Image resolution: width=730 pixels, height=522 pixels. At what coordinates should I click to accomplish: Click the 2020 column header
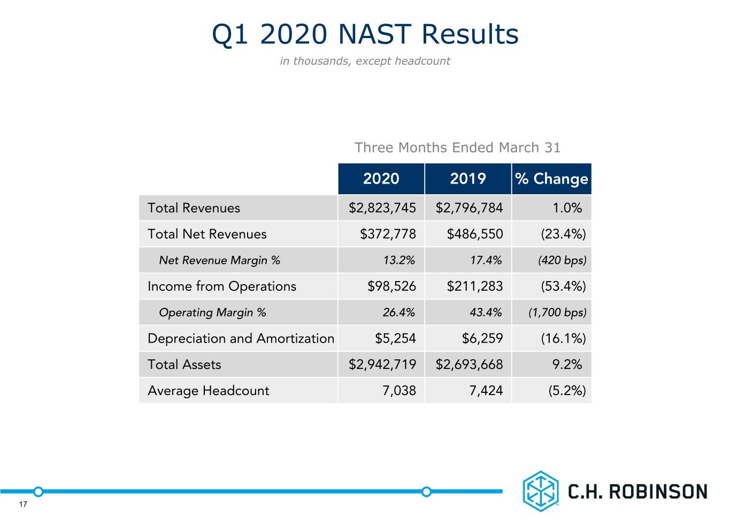coord(381,179)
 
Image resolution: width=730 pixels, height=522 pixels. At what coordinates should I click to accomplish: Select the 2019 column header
coord(468,179)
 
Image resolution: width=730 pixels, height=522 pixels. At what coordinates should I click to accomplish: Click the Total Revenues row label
coord(194,208)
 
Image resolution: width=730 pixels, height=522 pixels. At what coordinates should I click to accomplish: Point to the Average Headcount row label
coord(209,390)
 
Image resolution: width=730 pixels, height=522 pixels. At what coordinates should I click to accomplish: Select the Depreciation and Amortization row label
coord(241,338)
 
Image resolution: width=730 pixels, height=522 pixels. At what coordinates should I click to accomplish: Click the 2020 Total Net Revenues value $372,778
coord(388,234)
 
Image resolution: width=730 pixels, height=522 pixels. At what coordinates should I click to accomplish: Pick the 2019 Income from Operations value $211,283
coord(475,286)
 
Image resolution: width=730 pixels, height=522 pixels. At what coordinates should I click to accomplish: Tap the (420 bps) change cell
coord(562,260)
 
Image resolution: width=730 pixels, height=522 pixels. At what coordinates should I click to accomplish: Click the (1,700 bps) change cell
coord(557,312)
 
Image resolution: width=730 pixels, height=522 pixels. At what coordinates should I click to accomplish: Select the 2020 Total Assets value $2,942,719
coord(382,365)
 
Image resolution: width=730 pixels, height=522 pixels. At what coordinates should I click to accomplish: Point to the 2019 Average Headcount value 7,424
coord(486,390)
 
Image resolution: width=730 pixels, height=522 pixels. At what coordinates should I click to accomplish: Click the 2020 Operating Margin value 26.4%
coord(398,312)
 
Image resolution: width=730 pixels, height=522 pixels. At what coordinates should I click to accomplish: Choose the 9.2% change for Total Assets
coord(567,365)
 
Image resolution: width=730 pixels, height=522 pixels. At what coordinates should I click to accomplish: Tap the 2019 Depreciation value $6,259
coord(482,338)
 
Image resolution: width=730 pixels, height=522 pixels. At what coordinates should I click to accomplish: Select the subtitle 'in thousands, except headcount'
coord(365,61)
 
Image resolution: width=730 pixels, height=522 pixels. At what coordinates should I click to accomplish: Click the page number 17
coord(23,504)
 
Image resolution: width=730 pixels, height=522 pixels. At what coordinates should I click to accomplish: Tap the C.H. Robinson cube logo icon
coord(541,491)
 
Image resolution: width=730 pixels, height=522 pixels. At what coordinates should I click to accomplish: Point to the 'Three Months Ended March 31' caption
coord(457,147)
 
